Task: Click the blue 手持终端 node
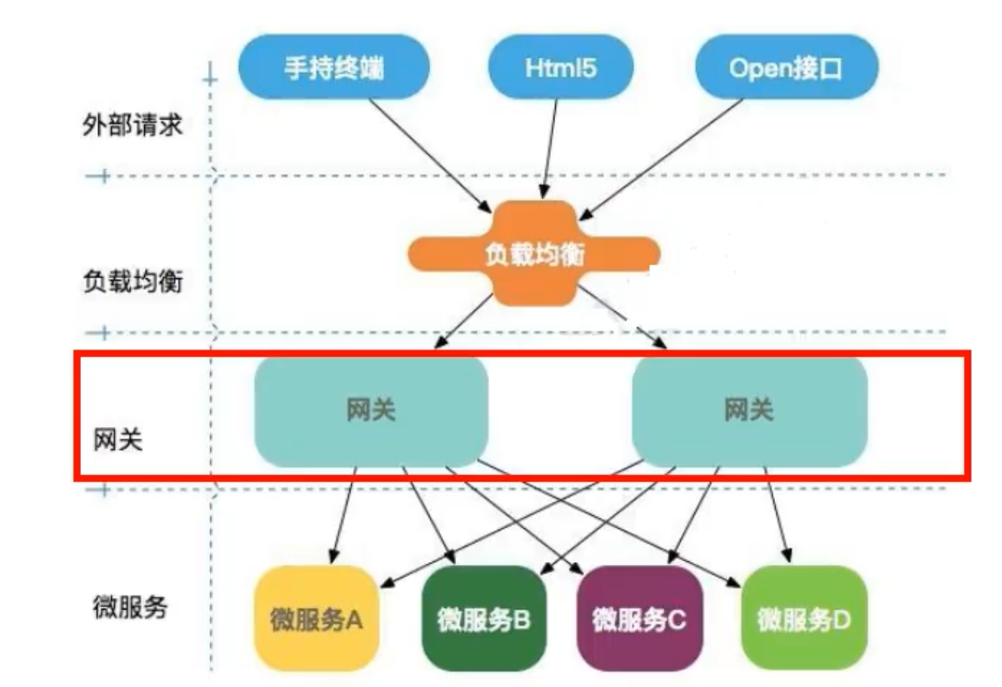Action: (x=333, y=68)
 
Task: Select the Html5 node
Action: (x=560, y=68)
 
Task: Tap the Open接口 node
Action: (x=786, y=68)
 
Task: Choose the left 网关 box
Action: (x=371, y=412)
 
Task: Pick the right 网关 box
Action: (x=749, y=412)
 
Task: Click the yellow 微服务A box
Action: (x=316, y=618)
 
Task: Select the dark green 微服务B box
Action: (x=484, y=618)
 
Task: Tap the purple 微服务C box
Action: (x=639, y=618)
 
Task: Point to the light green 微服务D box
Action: (x=804, y=618)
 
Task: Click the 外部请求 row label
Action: (x=133, y=125)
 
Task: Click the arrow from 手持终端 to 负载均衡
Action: (x=429, y=153)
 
